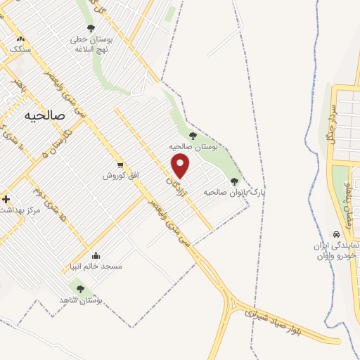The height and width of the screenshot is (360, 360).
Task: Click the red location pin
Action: point(181,166)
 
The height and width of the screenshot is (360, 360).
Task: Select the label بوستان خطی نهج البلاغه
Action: point(91,44)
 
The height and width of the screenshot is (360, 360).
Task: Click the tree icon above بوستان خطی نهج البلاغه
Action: point(91,28)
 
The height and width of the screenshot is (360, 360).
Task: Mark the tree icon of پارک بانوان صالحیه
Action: point(234,181)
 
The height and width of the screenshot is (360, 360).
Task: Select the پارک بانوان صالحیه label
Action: point(228,191)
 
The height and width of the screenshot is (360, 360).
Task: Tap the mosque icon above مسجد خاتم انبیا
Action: point(96,256)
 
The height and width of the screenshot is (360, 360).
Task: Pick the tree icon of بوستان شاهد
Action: point(79,288)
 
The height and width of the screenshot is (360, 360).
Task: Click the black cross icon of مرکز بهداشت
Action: point(6,200)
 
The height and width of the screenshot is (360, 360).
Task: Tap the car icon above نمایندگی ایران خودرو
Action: point(335,234)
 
